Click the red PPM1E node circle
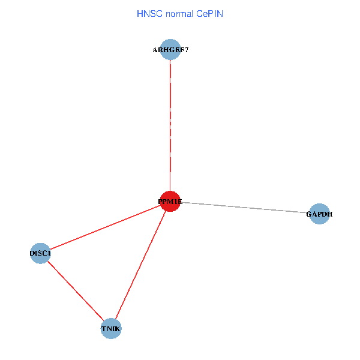170,201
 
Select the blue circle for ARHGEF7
170,49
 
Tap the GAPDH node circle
319,214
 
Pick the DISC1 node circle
40,253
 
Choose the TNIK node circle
111,329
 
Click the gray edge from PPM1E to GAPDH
245,208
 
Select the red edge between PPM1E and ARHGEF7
170,125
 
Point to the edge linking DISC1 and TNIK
76,290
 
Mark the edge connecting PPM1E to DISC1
105,227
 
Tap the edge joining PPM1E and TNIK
140,265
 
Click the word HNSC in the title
149,14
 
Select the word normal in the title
179,14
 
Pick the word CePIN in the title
209,14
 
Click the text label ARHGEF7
170,50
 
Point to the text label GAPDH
319,214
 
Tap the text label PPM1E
170,202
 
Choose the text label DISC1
40,253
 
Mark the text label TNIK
111,329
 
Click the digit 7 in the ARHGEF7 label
186,50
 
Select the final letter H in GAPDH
330,214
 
